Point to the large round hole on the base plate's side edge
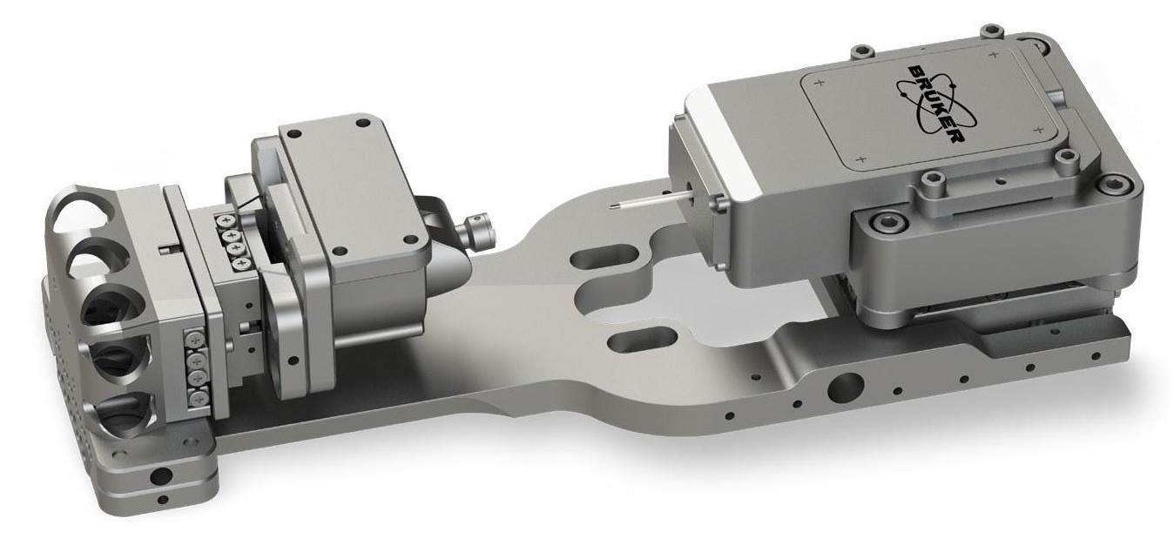click(841, 386)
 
